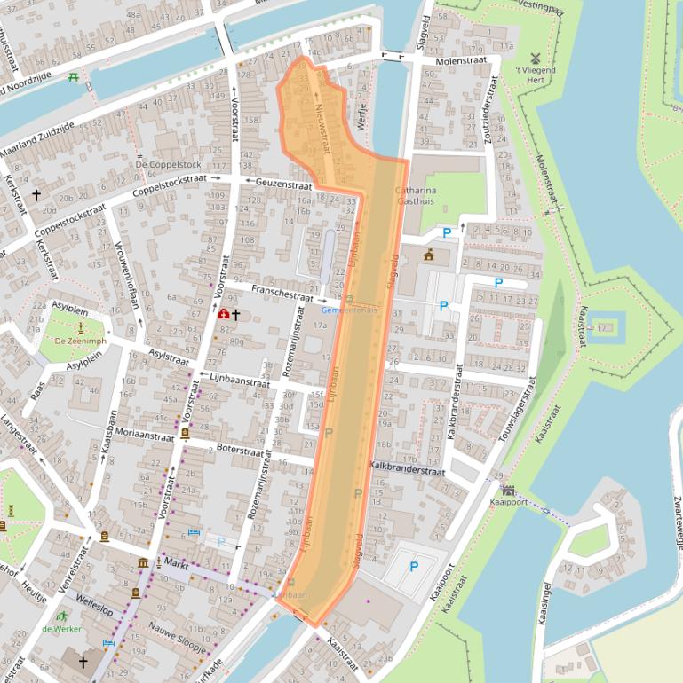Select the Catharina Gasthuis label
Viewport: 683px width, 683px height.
tap(416, 196)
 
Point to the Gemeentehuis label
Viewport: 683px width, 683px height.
tap(350, 310)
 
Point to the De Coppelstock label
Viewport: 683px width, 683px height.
tap(169, 165)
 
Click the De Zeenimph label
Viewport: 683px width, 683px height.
tap(80, 341)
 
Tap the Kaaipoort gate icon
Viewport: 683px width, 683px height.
tap(508, 490)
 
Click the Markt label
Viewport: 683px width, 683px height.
tap(175, 563)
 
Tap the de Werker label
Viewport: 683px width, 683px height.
tap(61, 629)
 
